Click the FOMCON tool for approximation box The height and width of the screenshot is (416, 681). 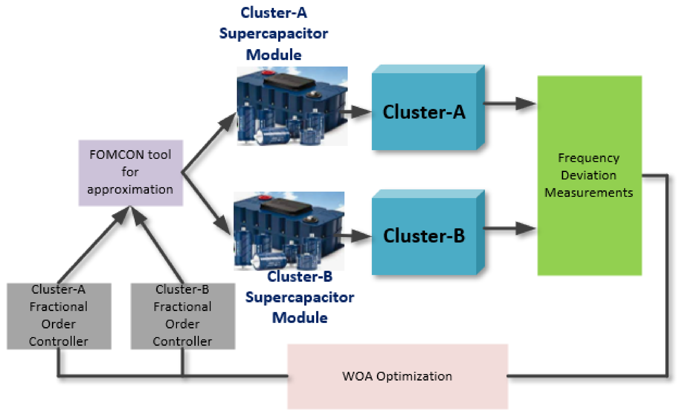[x=130, y=173]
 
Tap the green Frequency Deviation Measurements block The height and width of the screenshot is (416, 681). [x=589, y=175]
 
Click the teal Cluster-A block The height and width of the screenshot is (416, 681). [x=424, y=112]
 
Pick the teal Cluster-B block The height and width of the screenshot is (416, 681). [x=424, y=236]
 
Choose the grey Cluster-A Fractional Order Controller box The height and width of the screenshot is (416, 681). [x=59, y=316]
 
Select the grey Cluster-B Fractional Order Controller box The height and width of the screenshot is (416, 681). [x=183, y=316]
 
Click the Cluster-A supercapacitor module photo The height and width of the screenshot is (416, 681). [x=292, y=106]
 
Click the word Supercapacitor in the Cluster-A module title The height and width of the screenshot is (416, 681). [x=274, y=34]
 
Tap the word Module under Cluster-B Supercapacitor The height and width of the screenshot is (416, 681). [x=300, y=318]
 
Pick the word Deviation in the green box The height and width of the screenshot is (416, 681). [x=589, y=175]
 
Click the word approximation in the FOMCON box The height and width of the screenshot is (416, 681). [x=130, y=190]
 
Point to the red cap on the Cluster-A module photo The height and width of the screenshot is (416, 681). [x=267, y=73]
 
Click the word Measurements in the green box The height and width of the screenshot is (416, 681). [x=589, y=193]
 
